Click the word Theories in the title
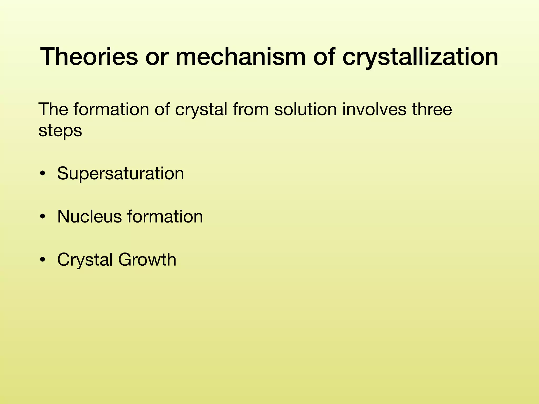89,56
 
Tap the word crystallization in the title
420,56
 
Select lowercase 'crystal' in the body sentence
201,109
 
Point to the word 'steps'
60,131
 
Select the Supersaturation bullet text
121,174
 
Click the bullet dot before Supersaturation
42,174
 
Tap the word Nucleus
89,216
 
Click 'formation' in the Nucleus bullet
165,216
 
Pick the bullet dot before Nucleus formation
42,217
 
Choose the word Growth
147,260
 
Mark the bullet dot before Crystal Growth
42,260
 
